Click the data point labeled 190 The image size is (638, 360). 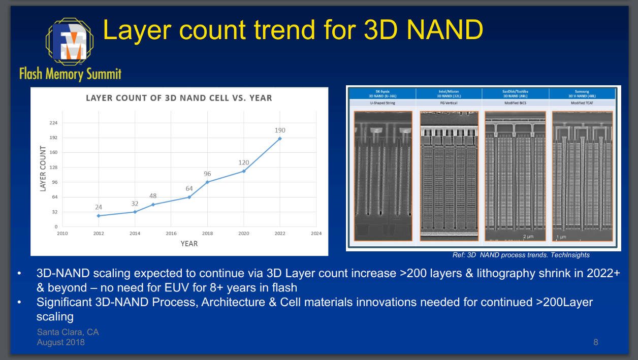pos(280,139)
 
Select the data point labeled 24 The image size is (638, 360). pos(99,216)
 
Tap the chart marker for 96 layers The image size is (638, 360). pos(207,182)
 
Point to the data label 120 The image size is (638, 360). pos(244,162)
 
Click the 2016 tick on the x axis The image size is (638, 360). pos(171,234)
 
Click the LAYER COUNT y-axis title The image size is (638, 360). pos(43,170)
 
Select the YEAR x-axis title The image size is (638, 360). pos(189,244)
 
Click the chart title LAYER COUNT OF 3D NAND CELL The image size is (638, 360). pos(179,98)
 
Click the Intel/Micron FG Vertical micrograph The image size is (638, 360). pos(449,176)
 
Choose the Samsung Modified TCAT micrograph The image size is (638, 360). pos(582,176)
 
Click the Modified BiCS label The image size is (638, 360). pos(515,103)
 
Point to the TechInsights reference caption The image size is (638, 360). pos(521,255)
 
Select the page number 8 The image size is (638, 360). pos(596,342)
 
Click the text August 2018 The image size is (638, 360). pos(61,342)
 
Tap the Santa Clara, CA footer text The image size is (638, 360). pos(68,332)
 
